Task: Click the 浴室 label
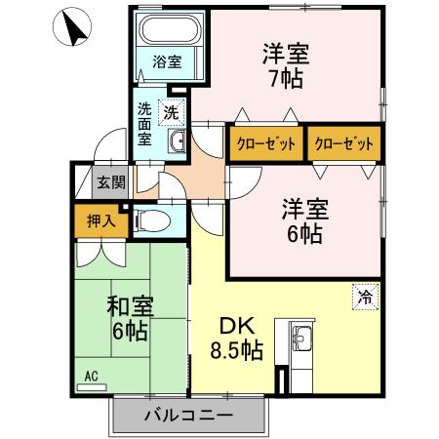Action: pyautogui.click(x=167, y=61)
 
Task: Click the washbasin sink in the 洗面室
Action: pyautogui.click(x=178, y=144)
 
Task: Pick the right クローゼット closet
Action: pyautogui.click(x=343, y=143)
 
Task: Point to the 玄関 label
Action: pyautogui.click(x=111, y=181)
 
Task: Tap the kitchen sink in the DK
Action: pyautogui.click(x=300, y=340)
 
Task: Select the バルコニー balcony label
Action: pyautogui.click(x=188, y=416)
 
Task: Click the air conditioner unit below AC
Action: pyautogui.click(x=92, y=387)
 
